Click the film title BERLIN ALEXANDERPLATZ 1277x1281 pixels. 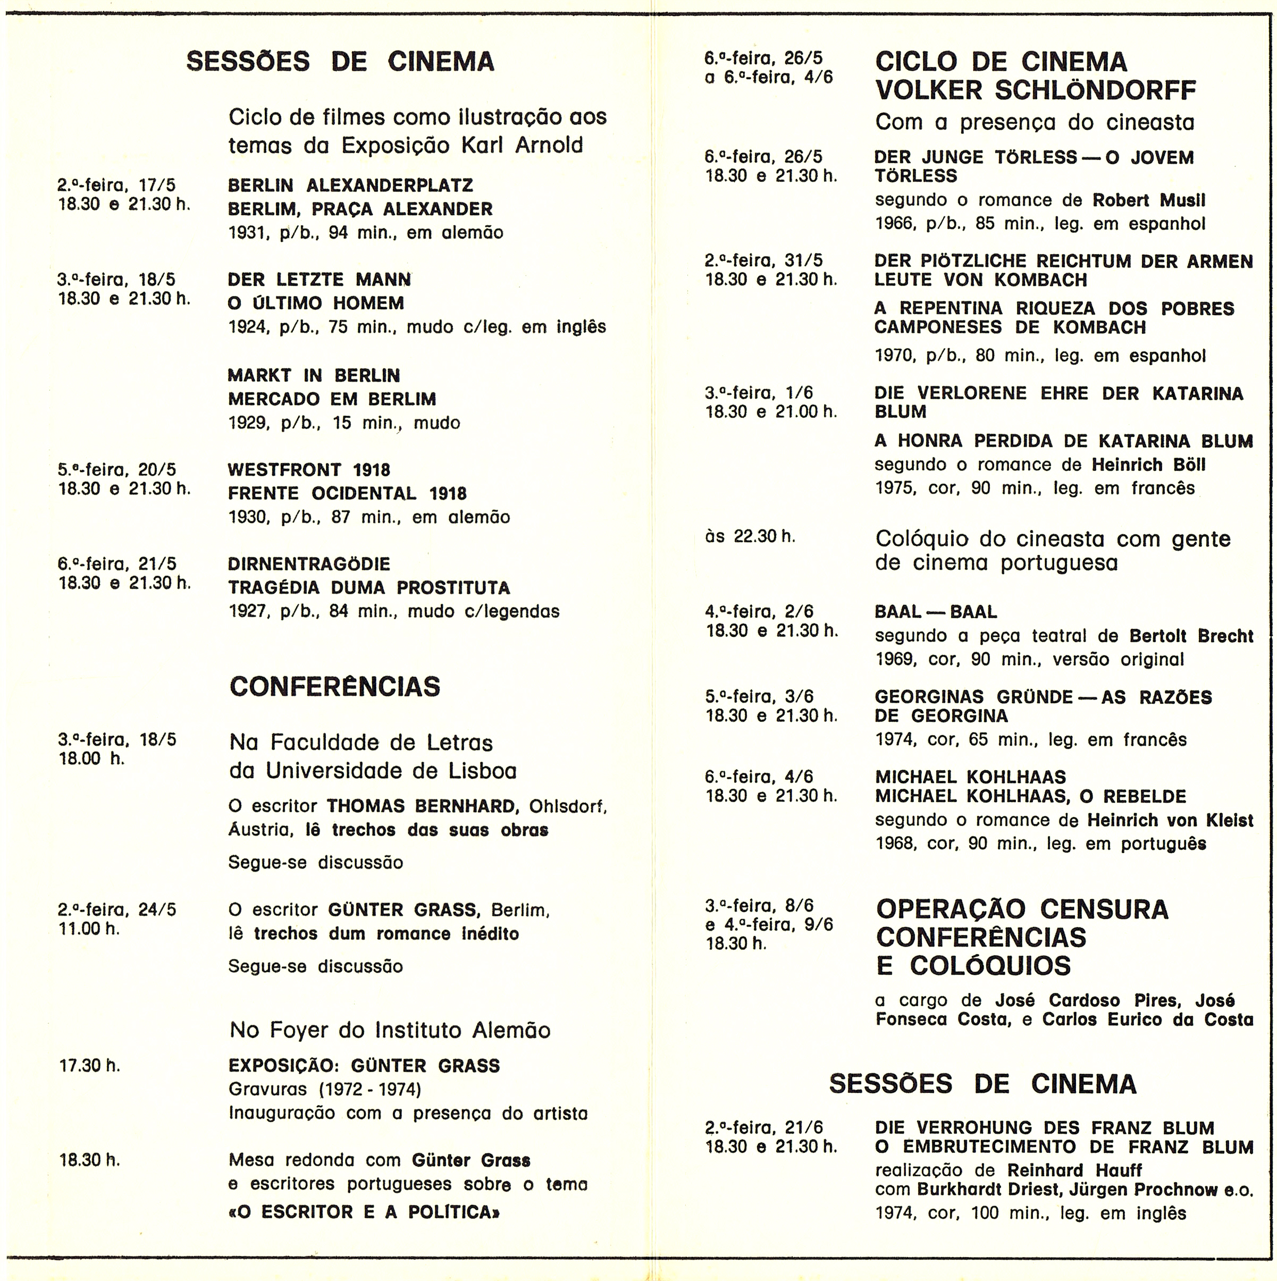(x=350, y=185)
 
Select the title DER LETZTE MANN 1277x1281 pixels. (x=319, y=280)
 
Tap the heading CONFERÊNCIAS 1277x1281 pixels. (x=335, y=687)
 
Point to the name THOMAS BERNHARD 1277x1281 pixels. (x=422, y=806)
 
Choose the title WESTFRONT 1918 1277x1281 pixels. (x=309, y=470)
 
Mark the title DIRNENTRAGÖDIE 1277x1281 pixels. (x=309, y=564)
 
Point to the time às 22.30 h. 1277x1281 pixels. (x=750, y=536)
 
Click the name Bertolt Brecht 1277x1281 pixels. (x=1191, y=636)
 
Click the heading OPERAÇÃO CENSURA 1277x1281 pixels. (x=1022, y=909)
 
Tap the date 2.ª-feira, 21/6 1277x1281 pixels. (x=764, y=1128)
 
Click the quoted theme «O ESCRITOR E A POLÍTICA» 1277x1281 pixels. (x=364, y=1212)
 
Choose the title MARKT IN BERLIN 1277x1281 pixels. (x=314, y=375)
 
